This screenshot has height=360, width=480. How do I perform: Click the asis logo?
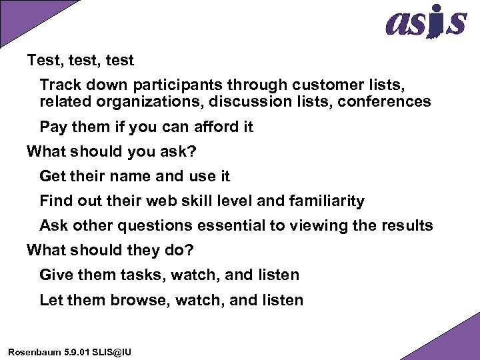point(425,21)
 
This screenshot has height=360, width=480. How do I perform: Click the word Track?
point(60,85)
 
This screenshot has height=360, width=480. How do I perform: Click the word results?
point(407,225)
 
